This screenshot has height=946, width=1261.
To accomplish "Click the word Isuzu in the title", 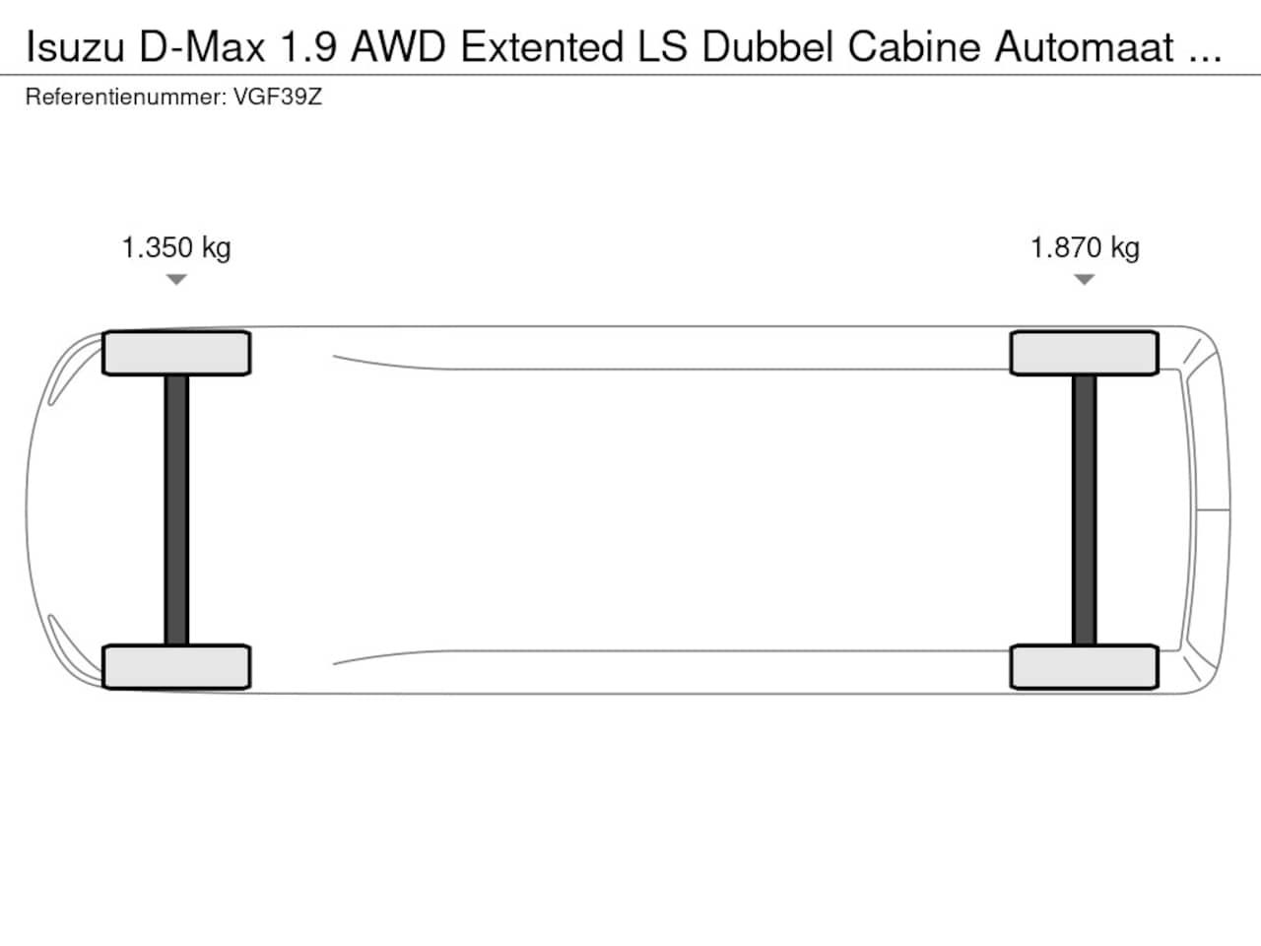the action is click(x=75, y=47).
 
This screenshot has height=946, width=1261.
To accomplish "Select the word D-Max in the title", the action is click(x=202, y=47).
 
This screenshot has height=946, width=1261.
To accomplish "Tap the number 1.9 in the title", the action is click(x=308, y=47).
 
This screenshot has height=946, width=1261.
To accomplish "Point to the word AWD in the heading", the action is click(x=398, y=47).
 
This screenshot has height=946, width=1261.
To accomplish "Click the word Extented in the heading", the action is click(x=542, y=47).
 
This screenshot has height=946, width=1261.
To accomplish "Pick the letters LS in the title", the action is click(x=662, y=47).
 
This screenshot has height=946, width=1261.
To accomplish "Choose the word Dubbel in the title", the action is click(x=767, y=47).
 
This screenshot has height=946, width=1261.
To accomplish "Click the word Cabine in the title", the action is click(x=914, y=47).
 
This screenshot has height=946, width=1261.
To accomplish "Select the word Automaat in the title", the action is click(x=1084, y=47).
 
